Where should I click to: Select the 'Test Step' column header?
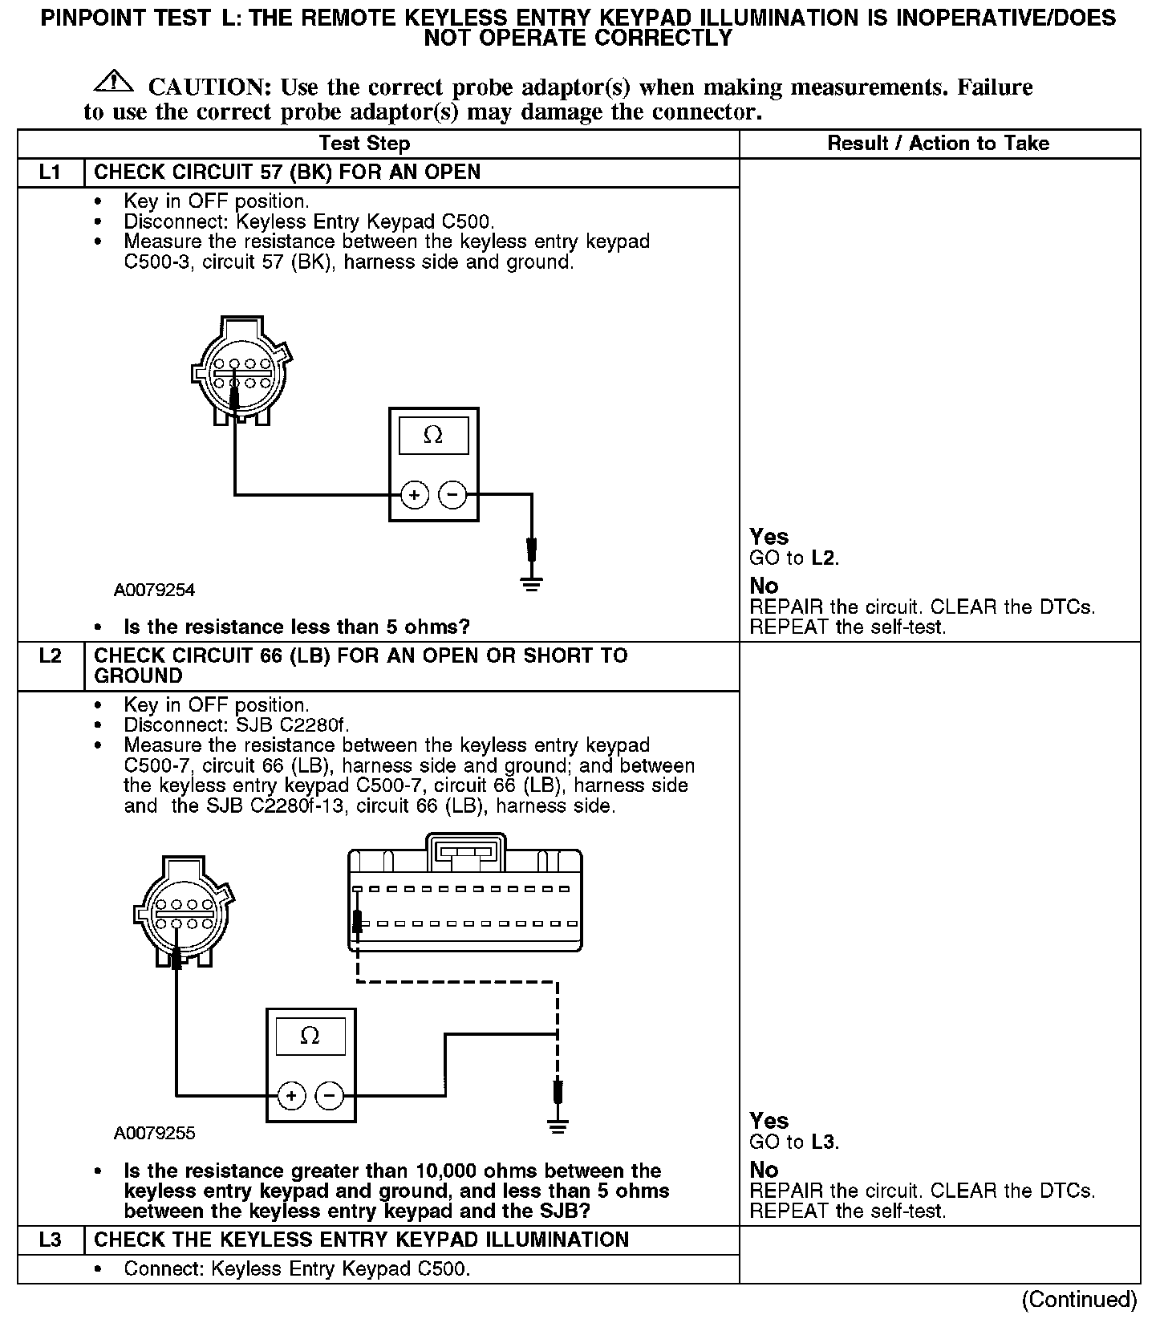[364, 144]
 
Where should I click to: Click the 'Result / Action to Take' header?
[938, 144]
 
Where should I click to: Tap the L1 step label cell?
[50, 172]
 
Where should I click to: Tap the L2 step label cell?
[50, 656]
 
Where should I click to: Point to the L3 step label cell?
[50, 1240]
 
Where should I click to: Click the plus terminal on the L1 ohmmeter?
[414, 495]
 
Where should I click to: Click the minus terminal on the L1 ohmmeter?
[453, 495]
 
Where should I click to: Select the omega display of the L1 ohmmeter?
[433, 436]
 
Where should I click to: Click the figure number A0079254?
[154, 590]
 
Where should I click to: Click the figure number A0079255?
[154, 1134]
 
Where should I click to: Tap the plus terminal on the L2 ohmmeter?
[291, 1095]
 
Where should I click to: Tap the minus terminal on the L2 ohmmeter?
[330, 1095]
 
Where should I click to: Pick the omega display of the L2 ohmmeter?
[310, 1036]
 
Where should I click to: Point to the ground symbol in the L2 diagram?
[558, 1125]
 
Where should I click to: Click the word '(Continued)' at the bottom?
[1079, 1300]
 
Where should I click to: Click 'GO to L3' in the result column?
[794, 1142]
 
